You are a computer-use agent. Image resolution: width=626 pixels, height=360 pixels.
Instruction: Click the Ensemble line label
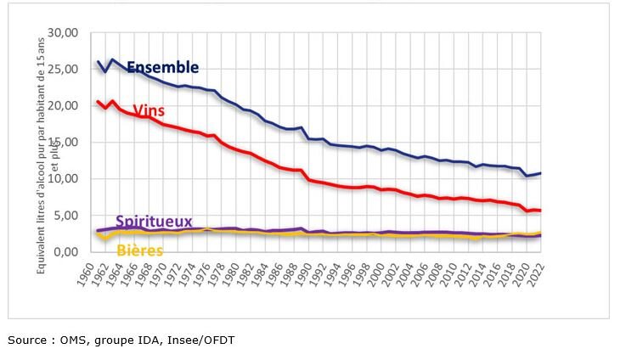pos(162,67)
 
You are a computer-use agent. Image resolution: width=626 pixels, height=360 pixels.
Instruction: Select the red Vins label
pos(149,110)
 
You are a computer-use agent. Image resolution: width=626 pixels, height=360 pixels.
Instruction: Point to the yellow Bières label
pos(139,251)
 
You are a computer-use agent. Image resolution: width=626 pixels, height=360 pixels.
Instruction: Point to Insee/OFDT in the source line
pos(203,340)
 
